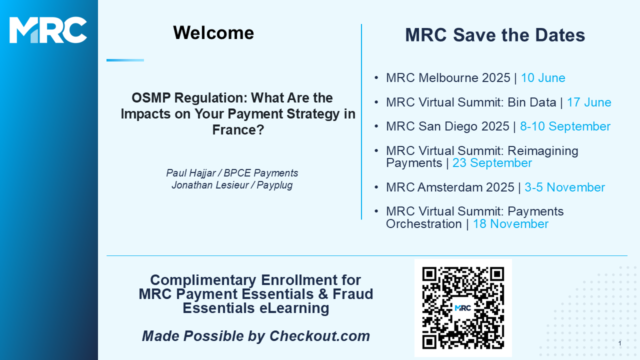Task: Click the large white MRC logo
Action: tap(48, 30)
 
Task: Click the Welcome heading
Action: tap(213, 33)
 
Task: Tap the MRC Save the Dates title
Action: tap(495, 35)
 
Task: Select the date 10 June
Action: tap(543, 78)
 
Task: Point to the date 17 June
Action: tap(589, 102)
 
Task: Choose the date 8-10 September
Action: tap(565, 126)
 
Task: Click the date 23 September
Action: tap(492, 163)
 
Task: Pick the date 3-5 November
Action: tap(564, 187)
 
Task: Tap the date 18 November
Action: tap(510, 224)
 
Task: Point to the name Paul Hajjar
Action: tap(191, 173)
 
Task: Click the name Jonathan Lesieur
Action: tap(210, 185)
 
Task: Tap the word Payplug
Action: tap(274, 185)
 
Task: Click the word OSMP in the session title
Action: tap(151, 98)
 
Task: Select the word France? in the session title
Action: tap(238, 130)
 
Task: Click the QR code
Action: tap(463, 308)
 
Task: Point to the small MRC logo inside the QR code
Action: tap(463, 308)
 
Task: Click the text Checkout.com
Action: tap(319, 336)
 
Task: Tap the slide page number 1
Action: tap(620, 343)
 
